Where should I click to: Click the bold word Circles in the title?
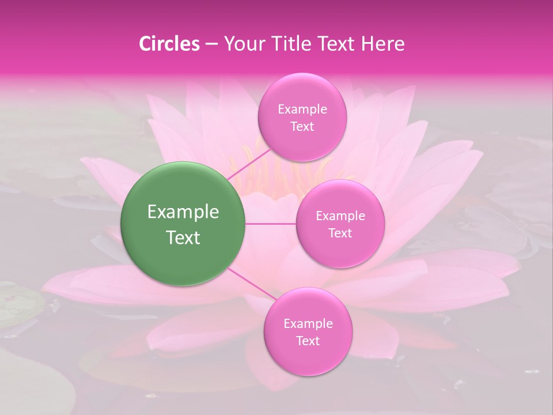pyautogui.click(x=169, y=44)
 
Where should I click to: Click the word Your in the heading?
pyautogui.click(x=241, y=44)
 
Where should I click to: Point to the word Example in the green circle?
pyautogui.click(x=183, y=212)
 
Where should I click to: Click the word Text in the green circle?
pyautogui.click(x=183, y=237)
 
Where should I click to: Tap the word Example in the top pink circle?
pyautogui.click(x=302, y=110)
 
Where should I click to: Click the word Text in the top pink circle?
pyautogui.click(x=302, y=127)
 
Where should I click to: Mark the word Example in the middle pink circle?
pyautogui.click(x=340, y=216)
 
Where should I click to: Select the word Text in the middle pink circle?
pyautogui.click(x=340, y=233)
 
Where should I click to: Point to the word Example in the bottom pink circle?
pyautogui.click(x=308, y=324)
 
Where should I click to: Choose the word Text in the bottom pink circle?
pyautogui.click(x=308, y=341)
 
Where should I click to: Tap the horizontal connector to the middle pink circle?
pyautogui.click(x=270, y=224)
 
